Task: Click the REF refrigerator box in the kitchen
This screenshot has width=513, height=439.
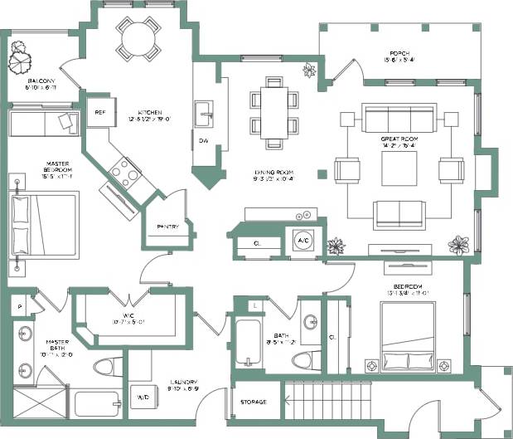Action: click(100, 113)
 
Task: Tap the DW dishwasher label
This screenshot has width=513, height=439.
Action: click(203, 140)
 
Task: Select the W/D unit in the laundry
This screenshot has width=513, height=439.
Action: click(142, 397)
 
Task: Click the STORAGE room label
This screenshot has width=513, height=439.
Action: click(253, 402)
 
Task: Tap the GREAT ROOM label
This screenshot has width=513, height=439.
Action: click(399, 139)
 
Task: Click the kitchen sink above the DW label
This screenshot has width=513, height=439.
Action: click(204, 110)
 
